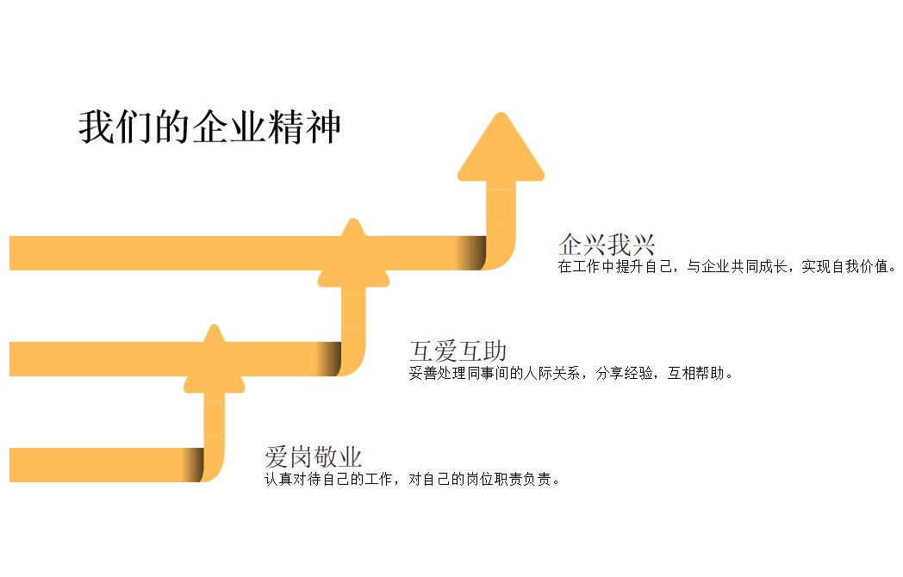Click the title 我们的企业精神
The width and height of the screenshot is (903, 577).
click(x=209, y=127)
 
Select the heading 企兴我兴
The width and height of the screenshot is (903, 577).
click(x=607, y=245)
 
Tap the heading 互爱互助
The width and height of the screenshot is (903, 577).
click(x=458, y=351)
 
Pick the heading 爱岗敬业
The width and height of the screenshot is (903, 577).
click(x=314, y=457)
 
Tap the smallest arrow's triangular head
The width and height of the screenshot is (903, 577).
click(x=215, y=362)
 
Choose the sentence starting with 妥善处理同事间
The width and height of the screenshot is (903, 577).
click(x=570, y=373)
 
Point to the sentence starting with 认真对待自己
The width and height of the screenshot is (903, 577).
click(x=412, y=479)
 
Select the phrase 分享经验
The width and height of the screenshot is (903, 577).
click(x=625, y=373)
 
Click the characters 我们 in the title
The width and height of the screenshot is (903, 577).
click(x=115, y=127)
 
